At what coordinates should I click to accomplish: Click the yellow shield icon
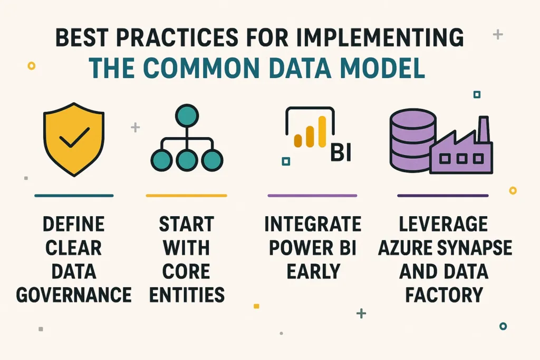point(74,138)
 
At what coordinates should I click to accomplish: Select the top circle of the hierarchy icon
point(186,115)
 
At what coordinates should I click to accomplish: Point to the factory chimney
point(480,130)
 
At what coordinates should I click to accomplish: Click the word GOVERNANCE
point(74,294)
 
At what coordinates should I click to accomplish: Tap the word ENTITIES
point(187,294)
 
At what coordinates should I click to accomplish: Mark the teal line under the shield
point(74,196)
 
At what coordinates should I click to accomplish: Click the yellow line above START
point(186,196)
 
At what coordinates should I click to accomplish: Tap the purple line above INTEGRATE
point(312,196)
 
